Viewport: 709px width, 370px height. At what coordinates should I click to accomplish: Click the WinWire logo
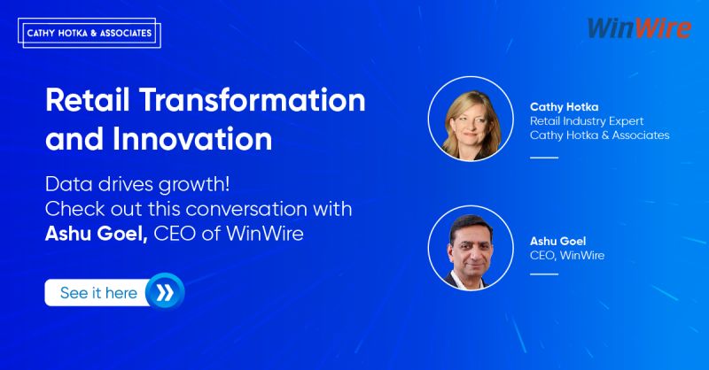coord(638,27)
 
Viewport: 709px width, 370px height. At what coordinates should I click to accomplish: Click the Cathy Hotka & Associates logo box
coord(88,34)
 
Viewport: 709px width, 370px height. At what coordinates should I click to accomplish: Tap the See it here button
coord(98,292)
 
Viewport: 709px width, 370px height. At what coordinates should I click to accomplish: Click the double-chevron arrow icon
coord(166,292)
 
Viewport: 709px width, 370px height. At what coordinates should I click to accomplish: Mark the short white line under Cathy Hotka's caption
coord(544,158)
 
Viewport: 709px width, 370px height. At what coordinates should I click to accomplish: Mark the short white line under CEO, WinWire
coord(544,274)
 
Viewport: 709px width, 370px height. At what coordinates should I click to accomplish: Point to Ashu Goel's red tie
coord(467,280)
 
